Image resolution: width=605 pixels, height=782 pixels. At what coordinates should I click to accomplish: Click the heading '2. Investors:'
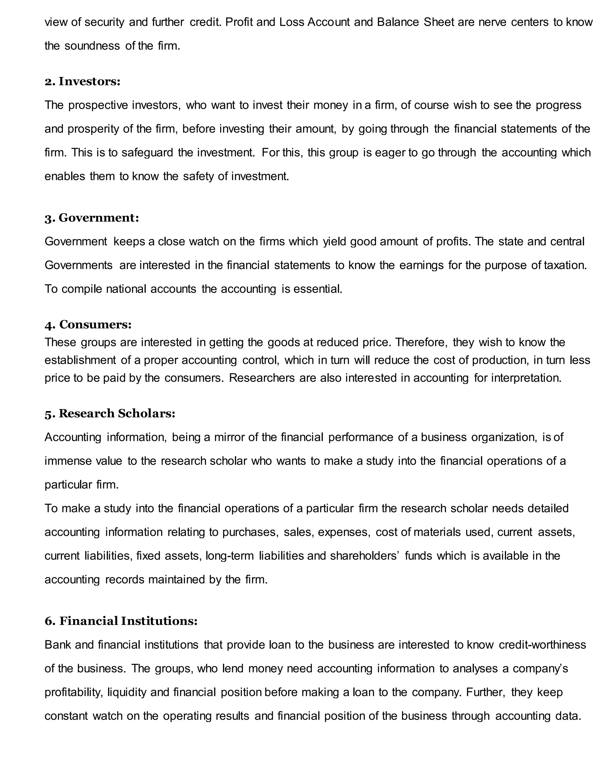(82, 82)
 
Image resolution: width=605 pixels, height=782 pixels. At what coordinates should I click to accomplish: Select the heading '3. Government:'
(92, 218)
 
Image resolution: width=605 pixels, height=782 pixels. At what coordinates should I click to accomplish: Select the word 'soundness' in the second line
(92, 46)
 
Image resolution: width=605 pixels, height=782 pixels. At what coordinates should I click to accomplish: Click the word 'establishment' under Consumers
(80, 360)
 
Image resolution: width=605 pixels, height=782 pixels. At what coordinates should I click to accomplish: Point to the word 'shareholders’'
(365, 556)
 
